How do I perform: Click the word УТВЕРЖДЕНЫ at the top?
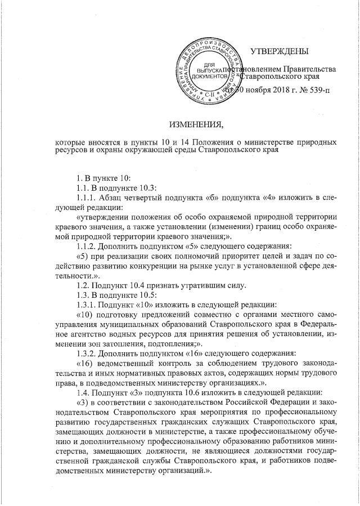[x=279, y=52]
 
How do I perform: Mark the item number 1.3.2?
[x=87, y=353]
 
